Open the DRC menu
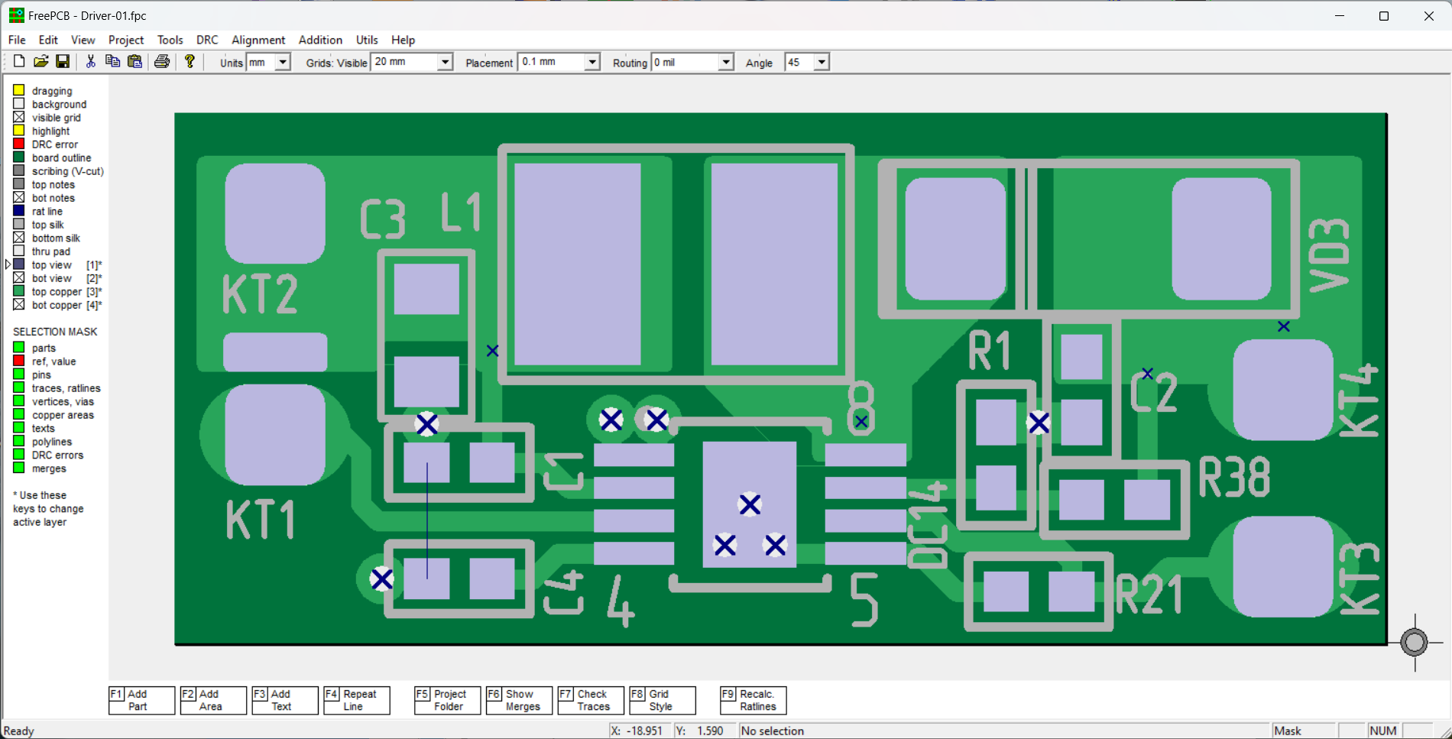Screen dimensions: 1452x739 click(206, 40)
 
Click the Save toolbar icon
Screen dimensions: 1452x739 click(63, 62)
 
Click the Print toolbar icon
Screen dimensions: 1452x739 click(162, 62)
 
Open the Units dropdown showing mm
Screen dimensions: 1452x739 click(268, 62)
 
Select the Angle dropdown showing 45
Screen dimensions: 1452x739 click(807, 62)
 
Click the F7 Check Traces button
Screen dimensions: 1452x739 click(591, 700)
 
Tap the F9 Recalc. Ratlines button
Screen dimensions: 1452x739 click(753, 700)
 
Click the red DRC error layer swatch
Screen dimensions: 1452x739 click(19, 144)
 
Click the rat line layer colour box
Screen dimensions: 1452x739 click(19, 211)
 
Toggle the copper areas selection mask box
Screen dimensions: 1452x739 click(19, 415)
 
